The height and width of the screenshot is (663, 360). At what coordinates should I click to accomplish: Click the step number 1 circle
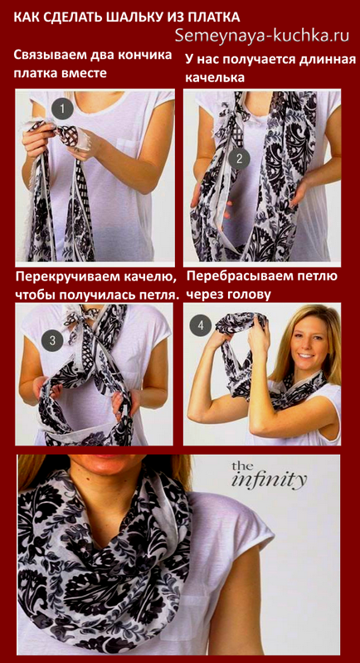tap(62, 110)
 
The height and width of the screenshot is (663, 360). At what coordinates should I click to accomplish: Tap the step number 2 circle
tap(239, 159)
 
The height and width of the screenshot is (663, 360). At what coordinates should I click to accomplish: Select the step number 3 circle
tap(52, 340)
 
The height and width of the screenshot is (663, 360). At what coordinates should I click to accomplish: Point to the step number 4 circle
tap(201, 326)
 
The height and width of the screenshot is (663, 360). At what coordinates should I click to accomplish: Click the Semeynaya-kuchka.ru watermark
tap(262, 36)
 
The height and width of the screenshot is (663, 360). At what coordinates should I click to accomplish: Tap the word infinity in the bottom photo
tap(270, 480)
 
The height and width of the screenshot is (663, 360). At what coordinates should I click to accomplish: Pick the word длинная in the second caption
tap(326, 60)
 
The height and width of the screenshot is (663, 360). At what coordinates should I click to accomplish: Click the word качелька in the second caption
tap(216, 78)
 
